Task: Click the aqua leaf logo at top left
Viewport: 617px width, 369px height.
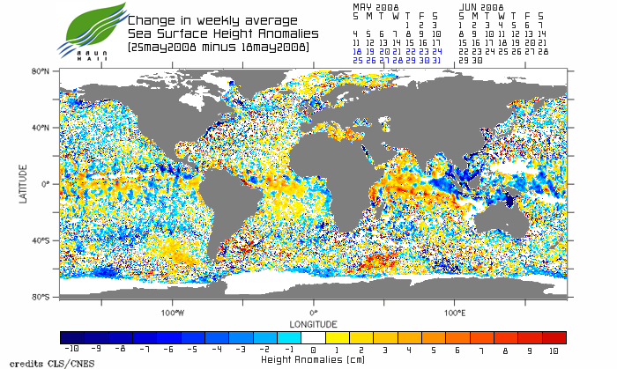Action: [x=88, y=28]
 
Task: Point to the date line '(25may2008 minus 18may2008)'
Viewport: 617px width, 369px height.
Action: [x=218, y=46]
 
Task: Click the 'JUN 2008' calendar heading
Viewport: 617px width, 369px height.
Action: [x=481, y=6]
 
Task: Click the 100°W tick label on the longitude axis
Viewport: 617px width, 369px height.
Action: [x=173, y=313]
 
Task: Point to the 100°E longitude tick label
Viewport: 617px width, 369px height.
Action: [x=454, y=313]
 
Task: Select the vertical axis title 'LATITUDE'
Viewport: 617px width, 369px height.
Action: [x=25, y=183]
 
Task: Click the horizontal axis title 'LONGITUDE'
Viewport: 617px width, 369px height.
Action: [x=313, y=322]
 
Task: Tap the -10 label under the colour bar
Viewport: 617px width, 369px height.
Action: [x=72, y=350]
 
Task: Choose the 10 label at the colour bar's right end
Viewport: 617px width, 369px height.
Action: [x=554, y=350]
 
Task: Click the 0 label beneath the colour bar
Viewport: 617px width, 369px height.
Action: [x=314, y=350]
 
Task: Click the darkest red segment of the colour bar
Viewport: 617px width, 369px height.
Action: [x=554, y=337]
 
